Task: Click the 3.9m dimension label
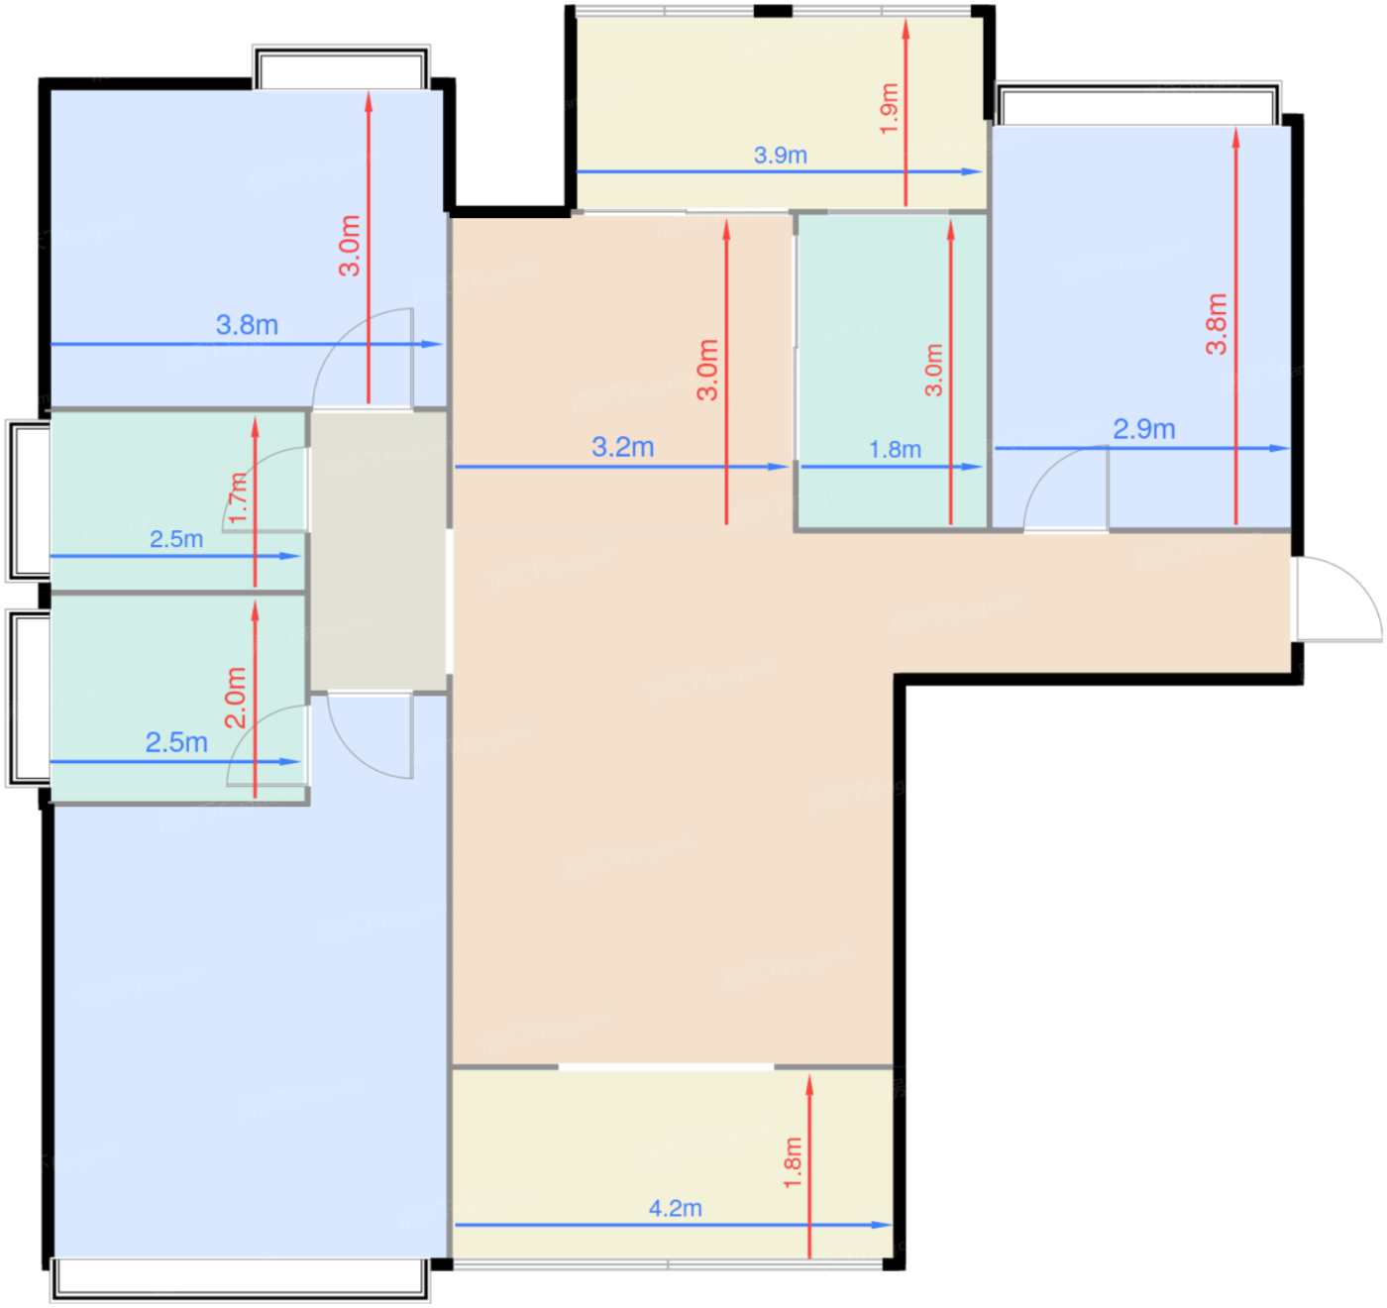coord(780,155)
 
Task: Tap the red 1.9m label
coord(889,108)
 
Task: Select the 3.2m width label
coord(622,447)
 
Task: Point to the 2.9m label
coord(1143,428)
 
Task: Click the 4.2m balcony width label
coord(675,1208)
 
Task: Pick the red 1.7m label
coord(238,498)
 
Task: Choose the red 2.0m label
coord(236,698)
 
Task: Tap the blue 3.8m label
coord(247,324)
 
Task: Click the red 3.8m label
coord(1216,323)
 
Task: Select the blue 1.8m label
coord(895,449)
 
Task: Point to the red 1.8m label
coord(792,1162)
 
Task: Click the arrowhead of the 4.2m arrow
coord(883,1225)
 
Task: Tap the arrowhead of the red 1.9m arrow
coord(906,28)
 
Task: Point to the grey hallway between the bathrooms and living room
coord(378,551)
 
